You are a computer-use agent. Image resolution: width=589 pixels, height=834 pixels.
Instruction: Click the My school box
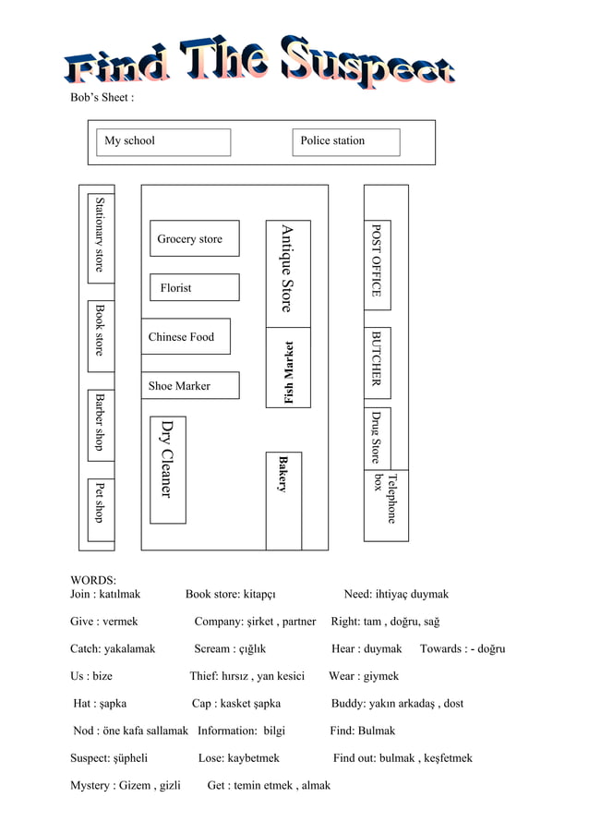pyautogui.click(x=163, y=141)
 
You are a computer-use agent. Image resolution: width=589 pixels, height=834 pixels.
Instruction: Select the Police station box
pyautogui.click(x=347, y=141)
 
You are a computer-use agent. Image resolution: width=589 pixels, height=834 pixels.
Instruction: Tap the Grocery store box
pyautogui.click(x=194, y=239)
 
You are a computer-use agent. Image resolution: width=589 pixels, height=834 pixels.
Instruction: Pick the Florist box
pyautogui.click(x=194, y=288)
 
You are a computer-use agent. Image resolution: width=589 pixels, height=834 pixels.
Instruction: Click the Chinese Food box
pyautogui.click(x=186, y=337)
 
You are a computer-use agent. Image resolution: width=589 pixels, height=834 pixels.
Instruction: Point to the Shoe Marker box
pyautogui.click(x=190, y=386)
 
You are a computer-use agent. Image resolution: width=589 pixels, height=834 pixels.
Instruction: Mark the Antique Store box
pyautogui.click(x=288, y=273)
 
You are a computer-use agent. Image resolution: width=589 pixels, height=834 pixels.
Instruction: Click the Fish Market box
pyautogui.click(x=288, y=369)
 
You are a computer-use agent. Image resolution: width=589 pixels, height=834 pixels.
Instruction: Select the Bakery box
pyautogui.click(x=283, y=500)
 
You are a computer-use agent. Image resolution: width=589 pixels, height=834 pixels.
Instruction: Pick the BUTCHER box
pyautogui.click(x=377, y=357)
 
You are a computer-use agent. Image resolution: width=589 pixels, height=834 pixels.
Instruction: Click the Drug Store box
pyautogui.click(x=377, y=437)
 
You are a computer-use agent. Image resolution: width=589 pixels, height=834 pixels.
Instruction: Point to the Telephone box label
pyautogui.click(x=385, y=497)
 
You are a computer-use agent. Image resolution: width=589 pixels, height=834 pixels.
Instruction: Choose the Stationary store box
pyautogui.click(x=101, y=237)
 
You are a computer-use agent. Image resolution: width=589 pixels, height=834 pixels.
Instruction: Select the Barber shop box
pyautogui.click(x=101, y=423)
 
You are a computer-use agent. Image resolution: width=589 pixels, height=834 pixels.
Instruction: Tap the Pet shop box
pyautogui.click(x=101, y=502)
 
